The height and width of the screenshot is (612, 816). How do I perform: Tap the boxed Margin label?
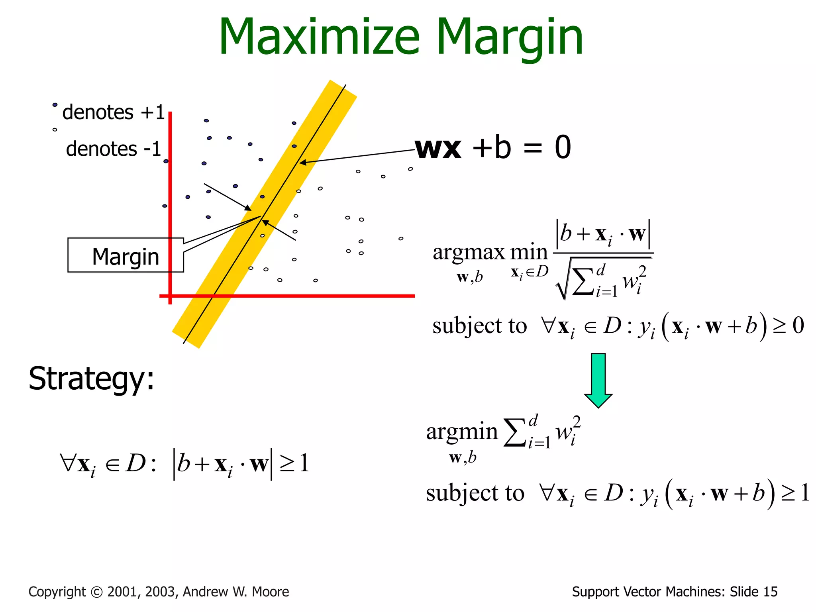pyautogui.click(x=126, y=256)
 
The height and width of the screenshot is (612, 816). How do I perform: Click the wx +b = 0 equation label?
pyautogui.click(x=493, y=147)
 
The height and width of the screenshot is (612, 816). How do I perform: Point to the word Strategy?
pyautogui.click(x=91, y=379)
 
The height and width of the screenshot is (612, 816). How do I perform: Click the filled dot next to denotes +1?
pyautogui.click(x=55, y=105)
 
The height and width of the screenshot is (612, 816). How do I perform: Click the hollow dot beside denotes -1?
pyautogui.click(x=55, y=129)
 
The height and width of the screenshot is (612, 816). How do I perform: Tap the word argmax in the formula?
pyautogui.click(x=469, y=252)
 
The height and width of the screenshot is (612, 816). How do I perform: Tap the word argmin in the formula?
pyautogui.click(x=462, y=431)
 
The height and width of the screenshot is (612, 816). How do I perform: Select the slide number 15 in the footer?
pyautogui.click(x=770, y=592)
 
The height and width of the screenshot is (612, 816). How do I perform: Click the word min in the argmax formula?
pyautogui.click(x=529, y=252)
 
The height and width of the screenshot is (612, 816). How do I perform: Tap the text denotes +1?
pyautogui.click(x=114, y=112)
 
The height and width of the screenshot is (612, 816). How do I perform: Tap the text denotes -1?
pyautogui.click(x=114, y=149)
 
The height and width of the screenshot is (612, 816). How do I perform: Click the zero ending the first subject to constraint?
pyautogui.click(x=798, y=326)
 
